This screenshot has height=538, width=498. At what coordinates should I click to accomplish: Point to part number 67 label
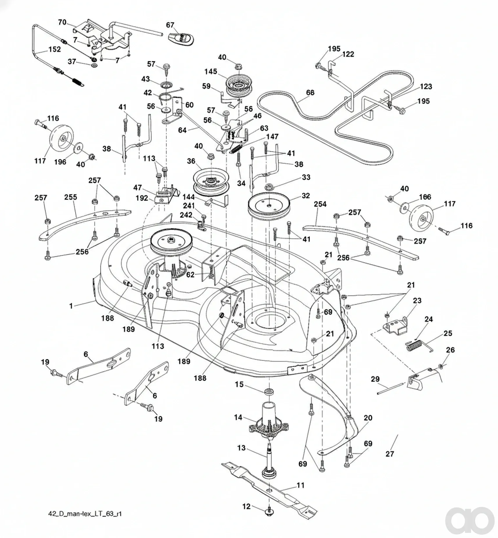[x=170, y=25]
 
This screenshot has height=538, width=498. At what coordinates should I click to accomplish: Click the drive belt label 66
[x=310, y=93]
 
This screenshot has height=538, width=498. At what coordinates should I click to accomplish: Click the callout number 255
[x=71, y=197]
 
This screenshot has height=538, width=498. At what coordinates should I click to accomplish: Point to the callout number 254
[x=320, y=204]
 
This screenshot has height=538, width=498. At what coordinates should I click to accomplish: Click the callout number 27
[x=390, y=454]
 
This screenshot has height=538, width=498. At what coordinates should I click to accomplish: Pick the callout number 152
[x=54, y=49]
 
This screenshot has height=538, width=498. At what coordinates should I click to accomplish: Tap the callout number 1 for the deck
[x=71, y=306]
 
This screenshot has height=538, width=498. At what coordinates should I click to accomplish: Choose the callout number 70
[x=62, y=22]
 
